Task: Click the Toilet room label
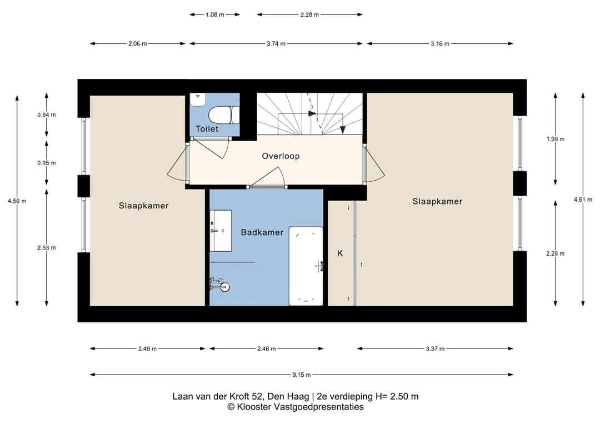(207, 129)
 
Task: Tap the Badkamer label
(262, 232)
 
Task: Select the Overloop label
(281, 156)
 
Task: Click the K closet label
(340, 253)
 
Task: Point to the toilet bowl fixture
(224, 115)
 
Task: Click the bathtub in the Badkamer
(306, 266)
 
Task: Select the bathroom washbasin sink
(221, 231)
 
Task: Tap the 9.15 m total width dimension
(302, 375)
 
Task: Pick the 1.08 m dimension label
(214, 15)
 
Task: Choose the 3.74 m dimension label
(276, 44)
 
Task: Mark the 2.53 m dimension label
(46, 248)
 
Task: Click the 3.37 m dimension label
(435, 348)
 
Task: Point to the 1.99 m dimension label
(555, 139)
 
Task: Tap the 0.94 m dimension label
(46, 115)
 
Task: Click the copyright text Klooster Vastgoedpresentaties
(296, 407)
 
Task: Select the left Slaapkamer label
(143, 206)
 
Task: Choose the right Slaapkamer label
(437, 201)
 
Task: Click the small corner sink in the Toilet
(198, 99)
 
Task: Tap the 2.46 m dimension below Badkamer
(266, 348)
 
